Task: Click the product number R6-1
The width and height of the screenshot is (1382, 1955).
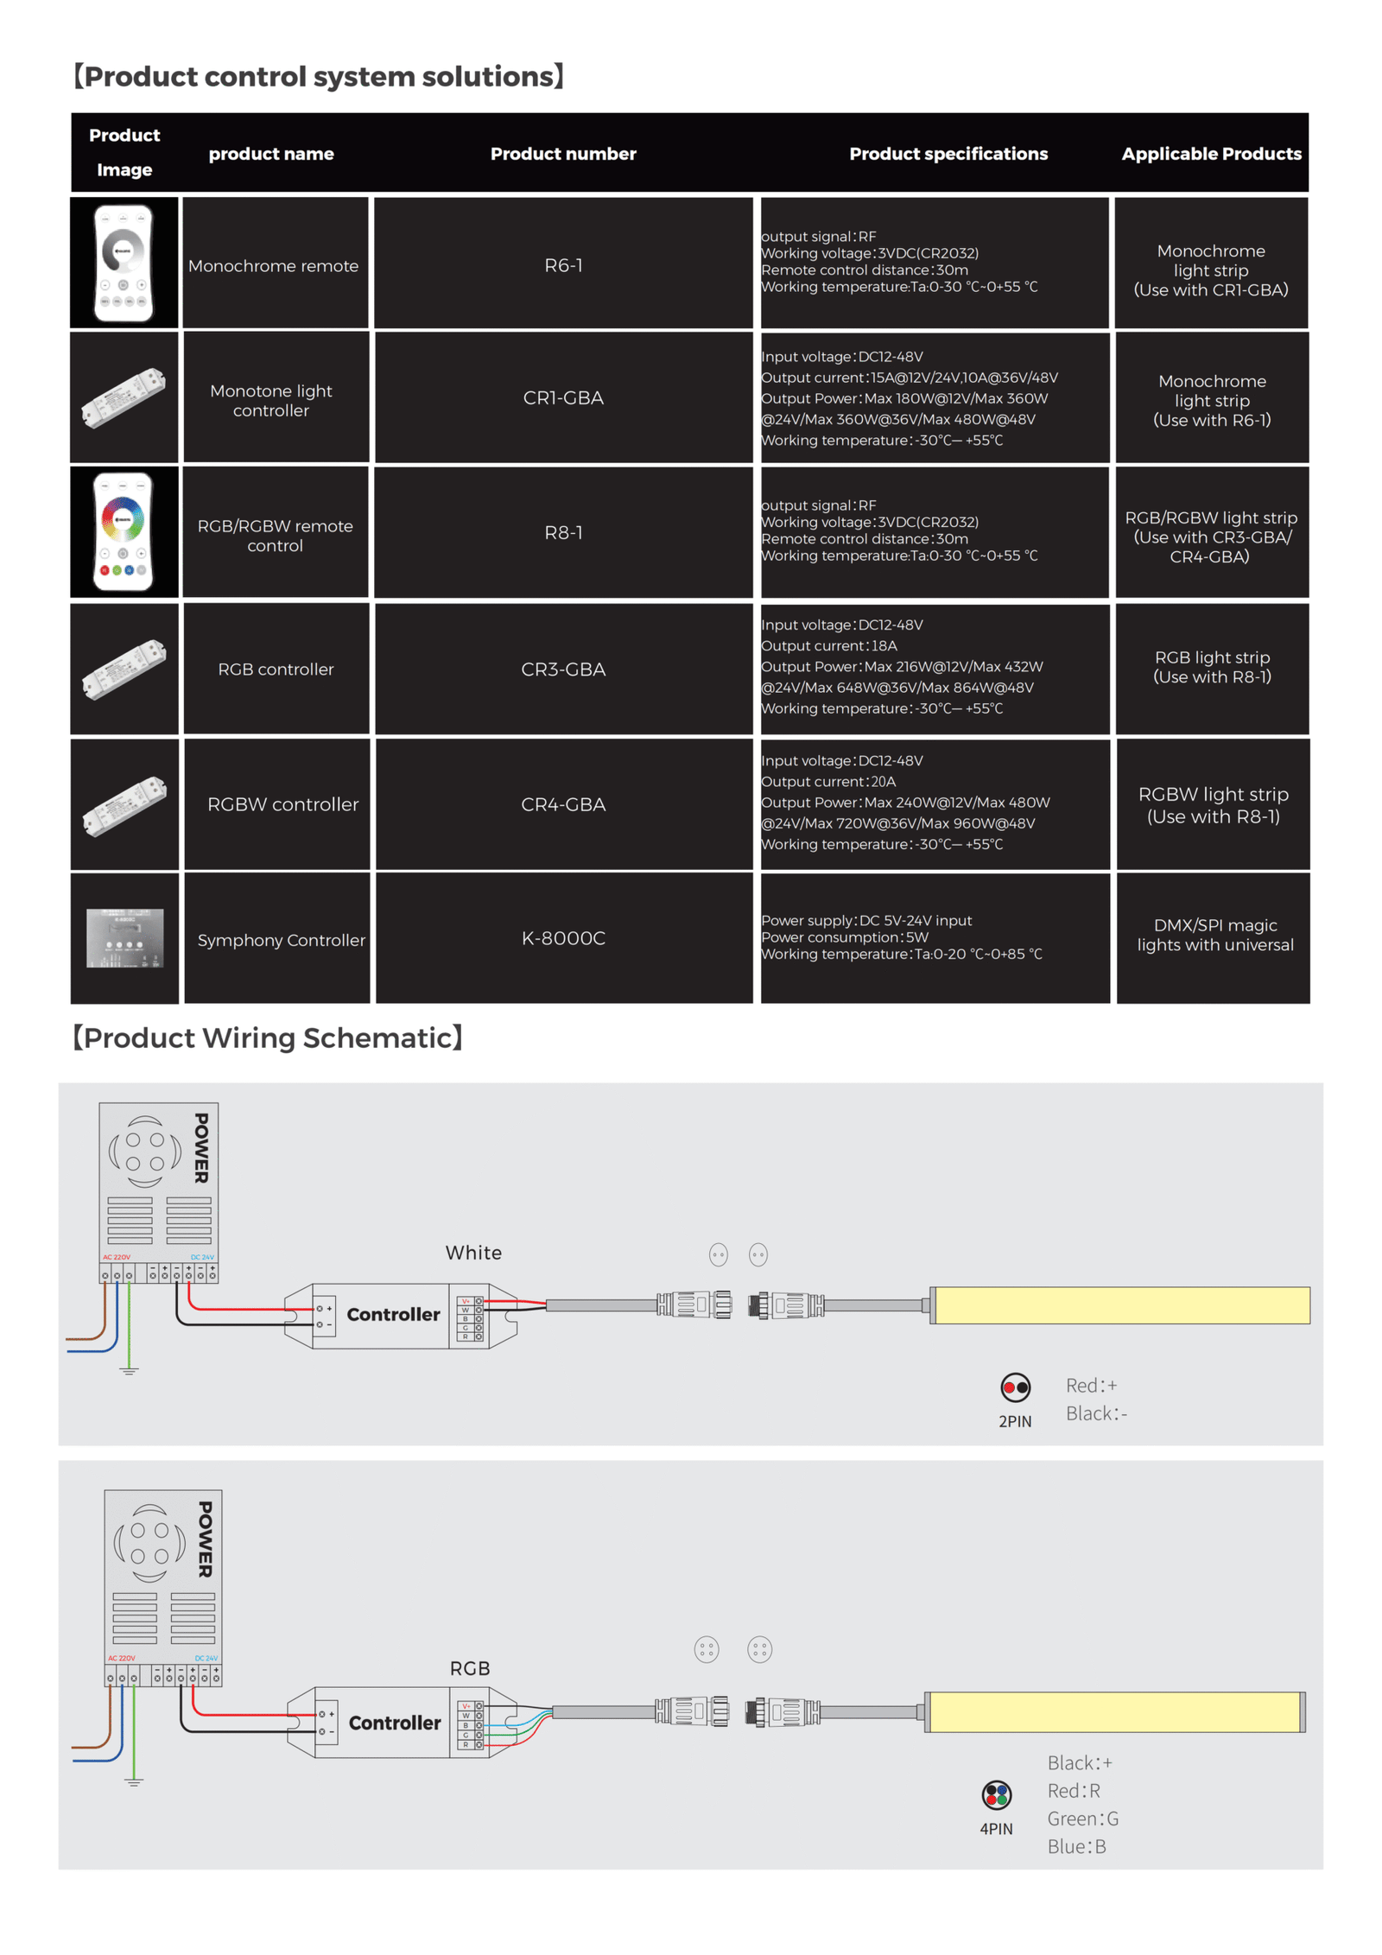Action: click(x=562, y=265)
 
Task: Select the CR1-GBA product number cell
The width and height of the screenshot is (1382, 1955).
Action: click(x=562, y=397)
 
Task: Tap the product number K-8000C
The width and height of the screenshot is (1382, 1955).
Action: click(x=562, y=937)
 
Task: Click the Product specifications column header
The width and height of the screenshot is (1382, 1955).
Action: click(x=948, y=154)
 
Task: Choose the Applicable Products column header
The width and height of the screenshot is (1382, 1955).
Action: click(x=1210, y=154)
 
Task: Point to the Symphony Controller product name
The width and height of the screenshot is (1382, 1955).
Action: click(x=281, y=940)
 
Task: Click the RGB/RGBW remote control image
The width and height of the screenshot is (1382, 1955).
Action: click(x=124, y=531)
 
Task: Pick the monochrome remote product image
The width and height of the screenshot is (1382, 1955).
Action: click(x=124, y=263)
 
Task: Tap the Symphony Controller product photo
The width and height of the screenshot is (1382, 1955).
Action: click(x=125, y=937)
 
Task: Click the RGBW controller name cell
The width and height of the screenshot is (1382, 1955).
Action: click(x=282, y=804)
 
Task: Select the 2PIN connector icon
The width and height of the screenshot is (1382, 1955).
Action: click(x=1015, y=1387)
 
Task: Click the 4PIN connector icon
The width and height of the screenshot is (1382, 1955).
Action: click(x=996, y=1794)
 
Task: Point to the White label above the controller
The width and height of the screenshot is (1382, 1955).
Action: click(x=473, y=1252)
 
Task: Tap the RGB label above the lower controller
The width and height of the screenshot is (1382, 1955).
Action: click(x=469, y=1668)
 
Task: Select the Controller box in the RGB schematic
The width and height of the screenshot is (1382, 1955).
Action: click(x=394, y=1722)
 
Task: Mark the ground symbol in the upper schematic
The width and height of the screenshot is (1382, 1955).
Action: click(x=129, y=1370)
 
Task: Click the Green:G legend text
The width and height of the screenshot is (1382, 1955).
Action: click(x=1082, y=1819)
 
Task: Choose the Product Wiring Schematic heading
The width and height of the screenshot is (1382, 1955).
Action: click(x=268, y=1038)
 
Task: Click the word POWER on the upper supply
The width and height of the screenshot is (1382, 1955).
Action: click(x=201, y=1147)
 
